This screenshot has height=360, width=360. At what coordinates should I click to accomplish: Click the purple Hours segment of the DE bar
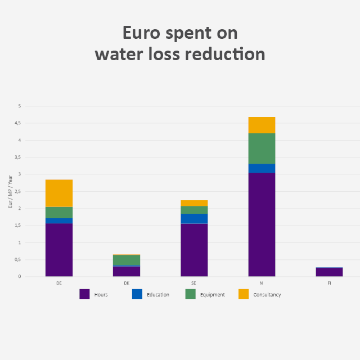coord(59,250)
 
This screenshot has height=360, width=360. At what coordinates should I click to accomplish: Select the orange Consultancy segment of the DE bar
coord(59,193)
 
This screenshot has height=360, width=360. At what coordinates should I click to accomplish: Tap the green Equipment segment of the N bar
coord(262,148)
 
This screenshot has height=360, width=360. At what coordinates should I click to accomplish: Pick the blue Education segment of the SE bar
coord(194,218)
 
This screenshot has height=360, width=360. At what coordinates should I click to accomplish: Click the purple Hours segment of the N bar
coord(262,224)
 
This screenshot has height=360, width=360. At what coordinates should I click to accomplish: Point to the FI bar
coord(329,272)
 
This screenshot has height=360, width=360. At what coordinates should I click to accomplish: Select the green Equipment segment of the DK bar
coord(127,260)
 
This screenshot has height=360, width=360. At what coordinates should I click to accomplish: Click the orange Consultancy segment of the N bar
coord(262,125)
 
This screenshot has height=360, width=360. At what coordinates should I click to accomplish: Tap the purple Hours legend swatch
coord(84,294)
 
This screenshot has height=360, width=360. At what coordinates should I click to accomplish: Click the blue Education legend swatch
coord(137,294)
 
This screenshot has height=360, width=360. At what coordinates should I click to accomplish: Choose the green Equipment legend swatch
coord(190,294)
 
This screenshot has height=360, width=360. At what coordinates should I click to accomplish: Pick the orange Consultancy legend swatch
coord(244,294)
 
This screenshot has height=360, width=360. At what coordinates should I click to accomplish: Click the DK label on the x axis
coord(127,283)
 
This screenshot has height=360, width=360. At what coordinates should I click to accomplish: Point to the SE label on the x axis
coord(194,283)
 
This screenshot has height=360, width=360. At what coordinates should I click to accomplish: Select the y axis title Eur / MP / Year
coord(10,191)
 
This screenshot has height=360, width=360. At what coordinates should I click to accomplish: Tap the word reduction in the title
coord(225,54)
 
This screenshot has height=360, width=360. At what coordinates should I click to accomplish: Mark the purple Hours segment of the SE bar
coord(194,250)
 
